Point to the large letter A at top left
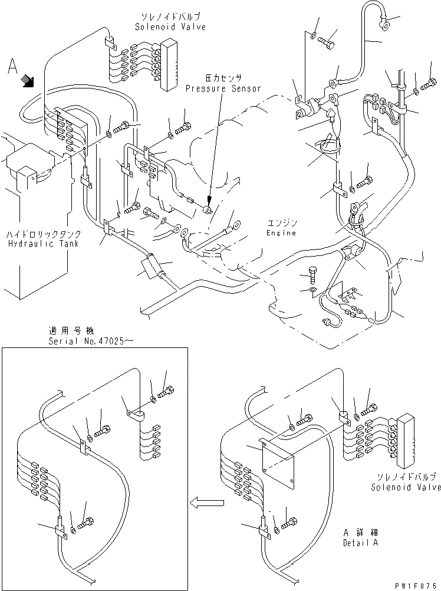pos(12,68)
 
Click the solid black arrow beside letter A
pos(27,81)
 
